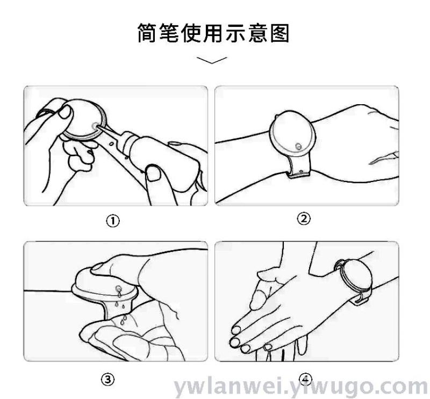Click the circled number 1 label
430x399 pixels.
[113, 221]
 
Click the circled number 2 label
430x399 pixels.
[304, 219]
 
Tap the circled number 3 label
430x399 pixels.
[108, 380]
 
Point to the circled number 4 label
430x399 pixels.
[305, 380]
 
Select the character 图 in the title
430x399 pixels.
[280, 33]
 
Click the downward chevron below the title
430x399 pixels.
[212, 60]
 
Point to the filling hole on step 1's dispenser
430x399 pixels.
[95, 126]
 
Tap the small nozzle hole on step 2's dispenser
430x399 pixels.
[298, 147]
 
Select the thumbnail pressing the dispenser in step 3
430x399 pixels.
[98, 266]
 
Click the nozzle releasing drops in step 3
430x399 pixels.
[118, 288]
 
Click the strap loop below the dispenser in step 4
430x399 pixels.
[360, 299]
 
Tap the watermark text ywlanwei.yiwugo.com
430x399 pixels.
[301, 387]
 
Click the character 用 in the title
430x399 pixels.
[213, 33]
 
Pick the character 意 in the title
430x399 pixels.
[258, 33]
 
